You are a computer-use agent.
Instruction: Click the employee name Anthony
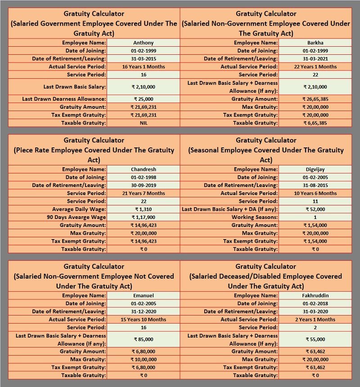(144, 43)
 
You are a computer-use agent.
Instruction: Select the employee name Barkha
(315, 43)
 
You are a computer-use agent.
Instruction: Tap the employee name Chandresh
(144, 169)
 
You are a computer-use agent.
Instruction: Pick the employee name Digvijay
(315, 169)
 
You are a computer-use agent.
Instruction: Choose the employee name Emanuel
(144, 295)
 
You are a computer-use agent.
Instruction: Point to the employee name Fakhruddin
(315, 295)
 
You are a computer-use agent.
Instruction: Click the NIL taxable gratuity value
(144, 123)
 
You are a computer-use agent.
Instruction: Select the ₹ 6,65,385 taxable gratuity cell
(315, 123)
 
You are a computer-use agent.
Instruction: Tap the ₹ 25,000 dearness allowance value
(144, 99)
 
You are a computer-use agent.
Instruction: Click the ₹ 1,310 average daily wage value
(144, 209)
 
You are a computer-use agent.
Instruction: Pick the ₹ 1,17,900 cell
(144, 217)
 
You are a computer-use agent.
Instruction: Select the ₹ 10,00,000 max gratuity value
(144, 359)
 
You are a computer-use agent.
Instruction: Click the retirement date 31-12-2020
(144, 311)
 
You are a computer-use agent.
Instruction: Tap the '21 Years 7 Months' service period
(144, 193)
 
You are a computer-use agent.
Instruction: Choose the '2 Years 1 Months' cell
(315, 320)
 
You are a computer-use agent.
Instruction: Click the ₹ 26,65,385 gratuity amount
(315, 99)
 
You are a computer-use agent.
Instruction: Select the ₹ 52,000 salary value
(315, 209)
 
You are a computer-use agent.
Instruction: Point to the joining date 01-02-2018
(315, 303)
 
